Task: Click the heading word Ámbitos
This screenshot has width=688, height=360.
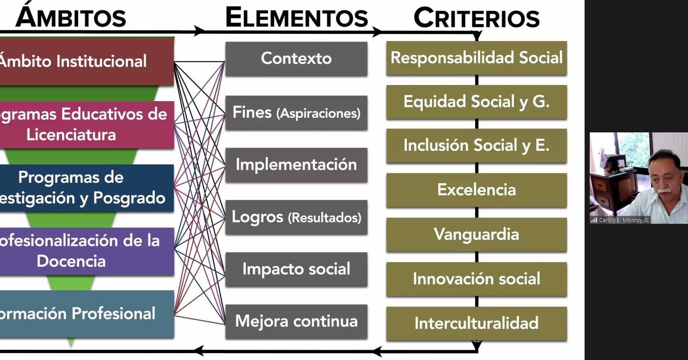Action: point(71,17)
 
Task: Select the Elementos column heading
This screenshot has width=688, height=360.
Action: point(296,18)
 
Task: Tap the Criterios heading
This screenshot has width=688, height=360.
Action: point(476,18)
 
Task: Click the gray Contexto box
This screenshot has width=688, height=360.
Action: point(296,59)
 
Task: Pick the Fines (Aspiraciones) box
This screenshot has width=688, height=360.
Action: point(296,113)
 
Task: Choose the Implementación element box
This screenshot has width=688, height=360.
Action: point(296,165)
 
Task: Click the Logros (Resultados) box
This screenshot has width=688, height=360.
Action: point(296,217)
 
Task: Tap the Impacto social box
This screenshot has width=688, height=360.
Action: point(296,269)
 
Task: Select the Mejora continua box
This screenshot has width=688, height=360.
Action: point(296,321)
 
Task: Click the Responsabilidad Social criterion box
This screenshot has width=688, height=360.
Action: point(476,58)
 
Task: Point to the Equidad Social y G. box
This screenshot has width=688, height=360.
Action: point(476,102)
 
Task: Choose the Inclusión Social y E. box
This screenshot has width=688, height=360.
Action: point(476,146)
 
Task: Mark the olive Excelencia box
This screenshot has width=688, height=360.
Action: point(476,190)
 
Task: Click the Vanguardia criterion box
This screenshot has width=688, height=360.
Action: point(476,234)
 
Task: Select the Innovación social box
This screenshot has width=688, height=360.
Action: point(476,279)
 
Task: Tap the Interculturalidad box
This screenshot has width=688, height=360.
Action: point(476,323)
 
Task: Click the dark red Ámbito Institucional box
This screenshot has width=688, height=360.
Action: point(85,61)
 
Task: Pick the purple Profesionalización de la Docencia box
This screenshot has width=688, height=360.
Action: point(85,251)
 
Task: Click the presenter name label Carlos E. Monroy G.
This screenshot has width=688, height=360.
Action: point(623,220)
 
